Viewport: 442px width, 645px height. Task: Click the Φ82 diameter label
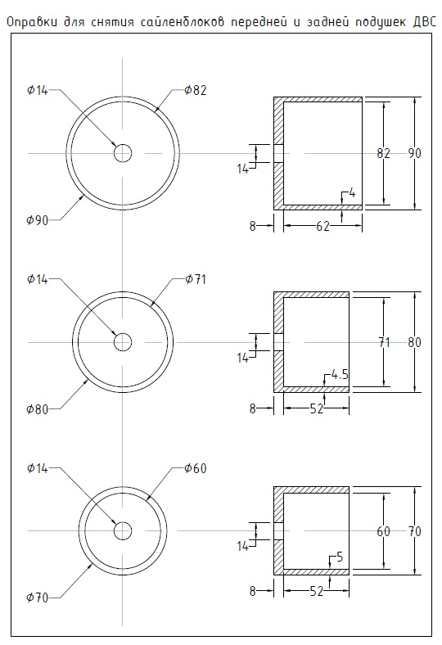pyautogui.click(x=196, y=90)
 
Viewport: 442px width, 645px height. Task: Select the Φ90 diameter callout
pyautogui.click(x=38, y=220)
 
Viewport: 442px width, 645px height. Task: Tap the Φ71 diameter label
pyautogui.click(x=196, y=279)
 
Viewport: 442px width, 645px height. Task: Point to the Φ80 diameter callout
pyautogui.click(x=38, y=409)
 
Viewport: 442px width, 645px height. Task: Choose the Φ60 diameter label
pyautogui.click(x=196, y=468)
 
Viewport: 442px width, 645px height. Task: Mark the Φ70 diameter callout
pyautogui.click(x=38, y=598)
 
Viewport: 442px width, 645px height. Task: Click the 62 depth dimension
pyautogui.click(x=322, y=226)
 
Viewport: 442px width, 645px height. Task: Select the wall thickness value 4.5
pyautogui.click(x=340, y=374)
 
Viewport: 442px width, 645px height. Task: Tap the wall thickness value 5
pyautogui.click(x=340, y=557)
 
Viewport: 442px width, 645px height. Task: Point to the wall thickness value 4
pyautogui.click(x=352, y=192)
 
